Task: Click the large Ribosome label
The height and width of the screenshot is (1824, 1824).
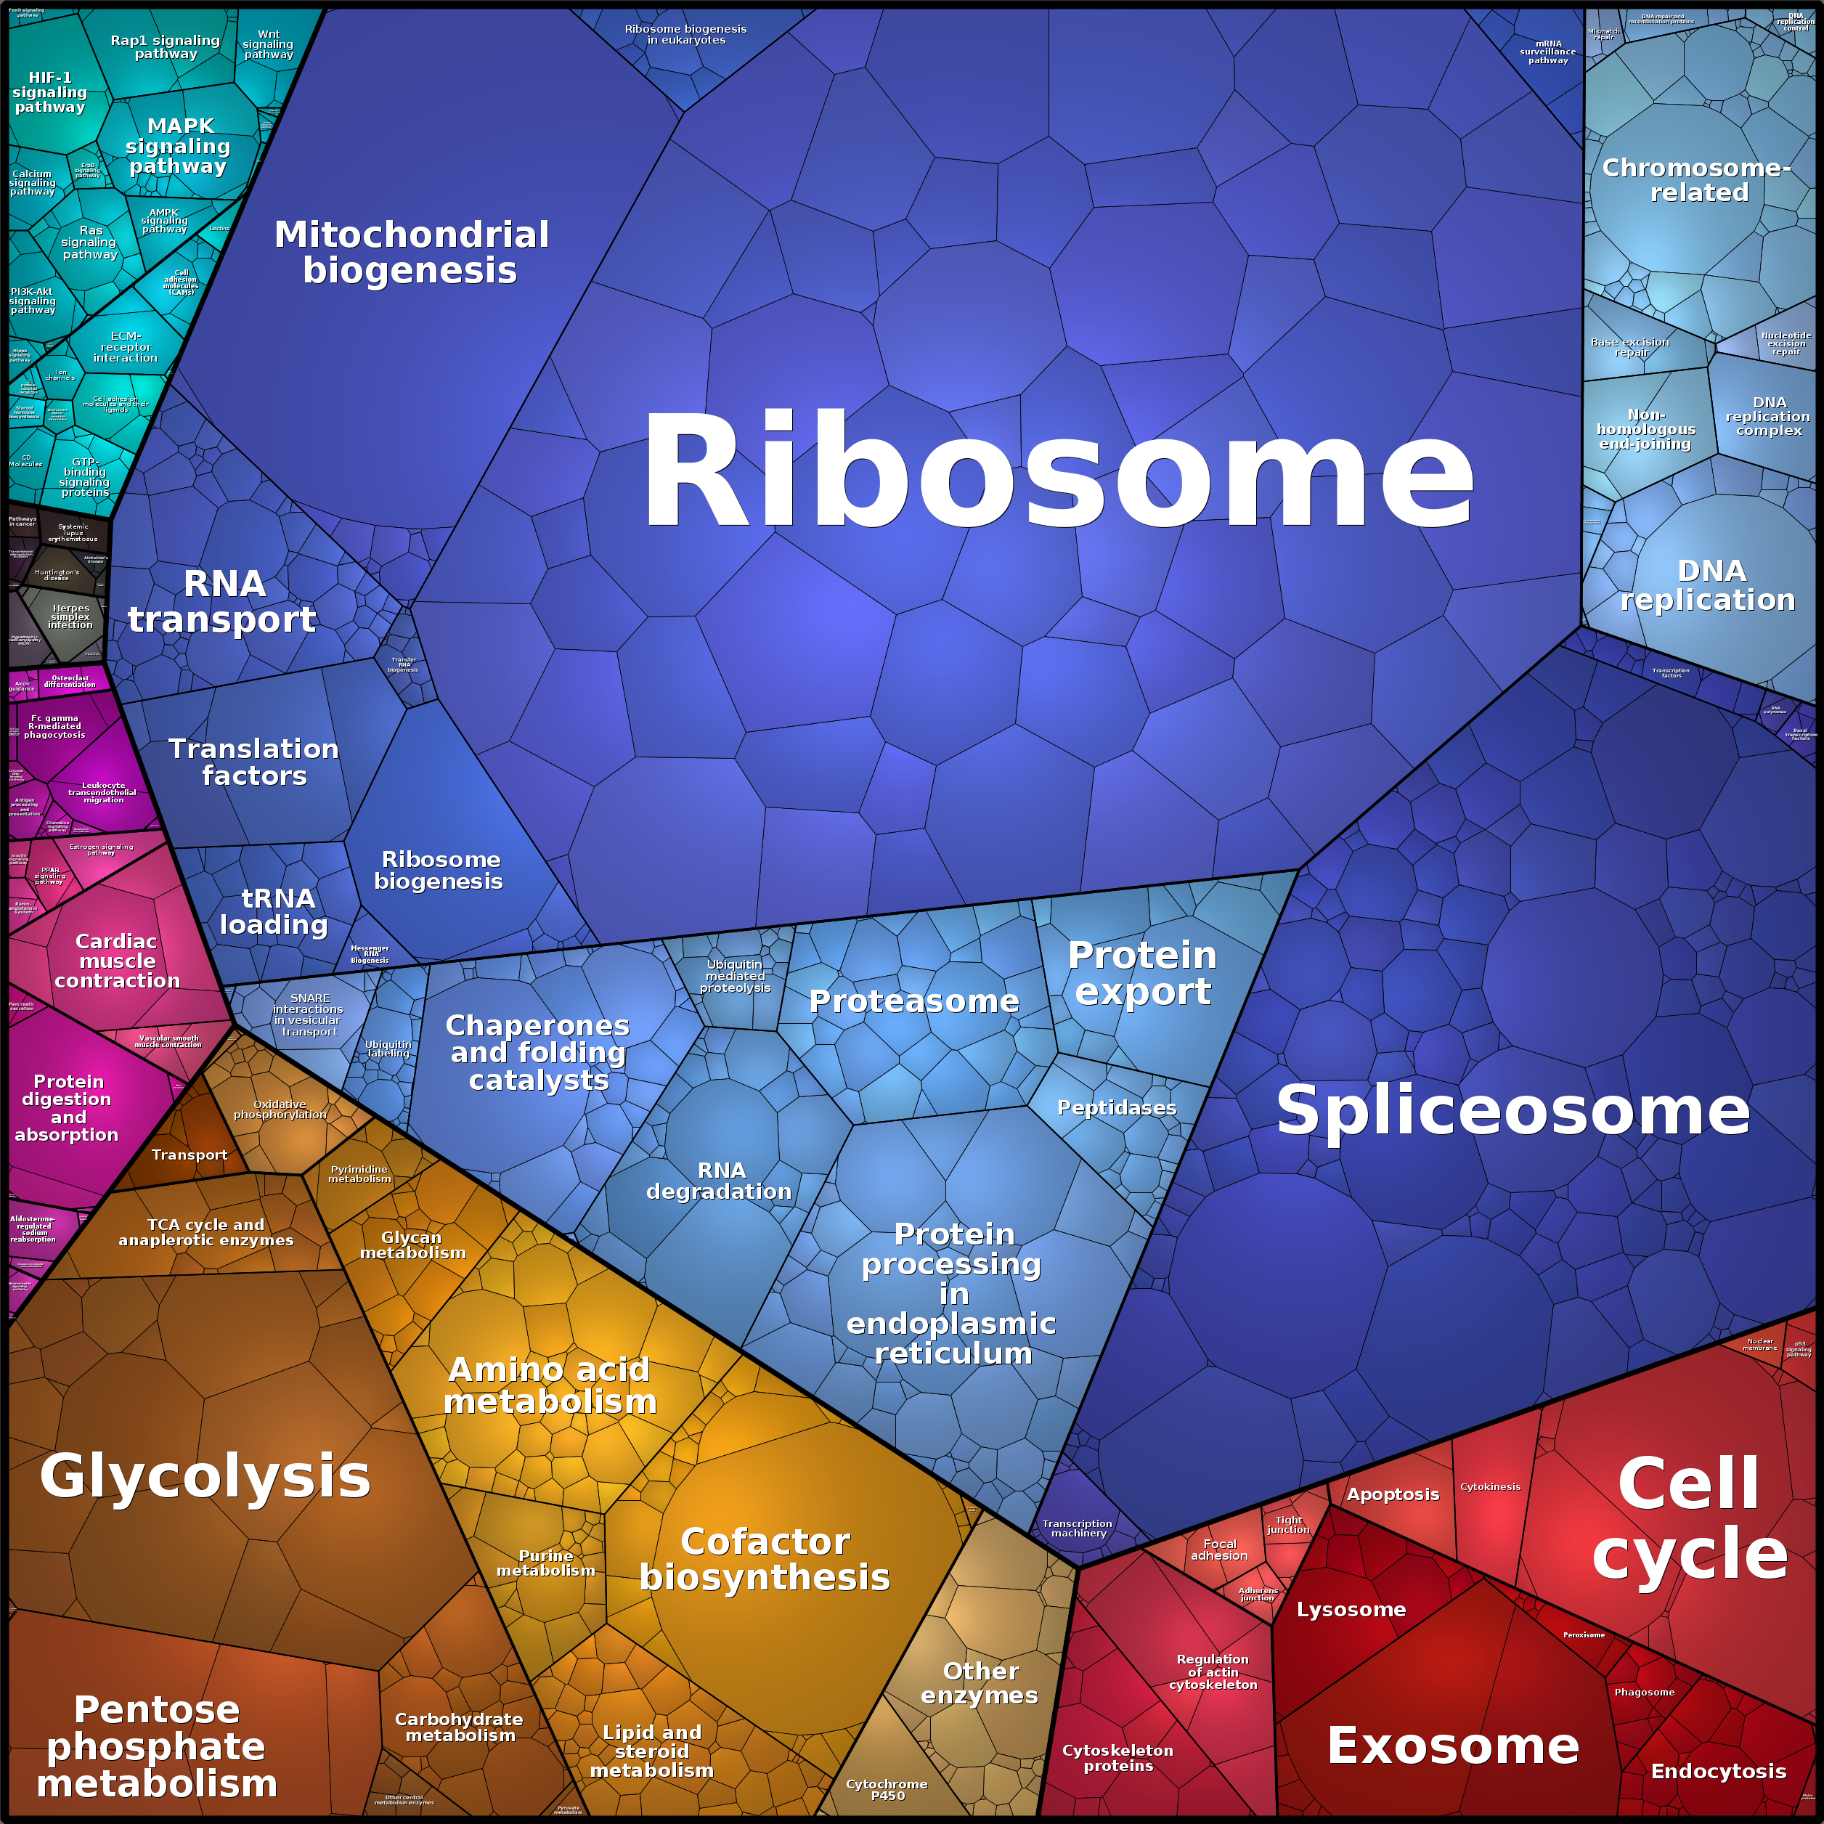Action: coord(1057,472)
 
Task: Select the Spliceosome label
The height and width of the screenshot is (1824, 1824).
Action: coord(1512,1110)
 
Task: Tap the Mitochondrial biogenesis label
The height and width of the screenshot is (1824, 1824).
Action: coord(412,252)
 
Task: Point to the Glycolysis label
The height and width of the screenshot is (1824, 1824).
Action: coord(205,1477)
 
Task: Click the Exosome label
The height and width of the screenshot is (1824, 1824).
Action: coord(1453,1746)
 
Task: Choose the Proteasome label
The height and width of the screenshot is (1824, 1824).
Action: coord(914,1001)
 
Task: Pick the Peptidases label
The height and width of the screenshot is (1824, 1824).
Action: coord(1117,1107)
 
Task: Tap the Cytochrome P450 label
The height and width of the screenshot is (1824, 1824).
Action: coord(887,1789)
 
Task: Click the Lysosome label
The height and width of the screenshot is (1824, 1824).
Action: coord(1351,1610)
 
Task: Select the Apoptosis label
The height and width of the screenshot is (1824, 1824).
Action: coord(1393,1494)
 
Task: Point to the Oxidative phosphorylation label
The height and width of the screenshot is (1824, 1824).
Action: coord(280,1110)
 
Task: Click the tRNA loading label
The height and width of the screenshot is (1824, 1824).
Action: coord(274,911)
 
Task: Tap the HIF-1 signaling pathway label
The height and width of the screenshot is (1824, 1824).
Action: coord(50,92)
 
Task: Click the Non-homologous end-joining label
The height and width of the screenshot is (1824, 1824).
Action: coord(1645,430)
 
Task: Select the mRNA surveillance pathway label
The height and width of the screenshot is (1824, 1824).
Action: coord(1548,52)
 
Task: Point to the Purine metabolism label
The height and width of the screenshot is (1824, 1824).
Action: coord(546,1563)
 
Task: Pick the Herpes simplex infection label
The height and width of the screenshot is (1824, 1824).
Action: coord(71,616)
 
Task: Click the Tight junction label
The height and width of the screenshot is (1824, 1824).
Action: coord(1289,1525)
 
